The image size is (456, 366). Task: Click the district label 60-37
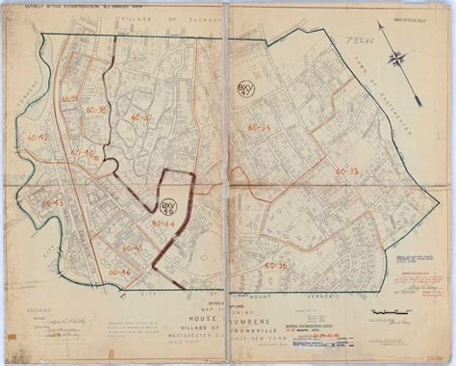pos(141,117)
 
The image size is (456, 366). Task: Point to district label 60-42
pos(41,140)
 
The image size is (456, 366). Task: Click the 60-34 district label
pos(258,127)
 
